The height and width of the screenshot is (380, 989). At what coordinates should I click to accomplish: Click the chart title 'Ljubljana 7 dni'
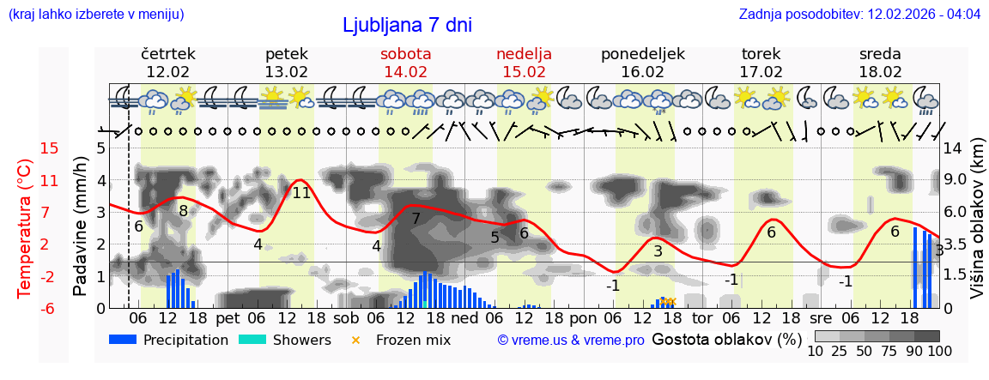pyautogui.click(x=407, y=25)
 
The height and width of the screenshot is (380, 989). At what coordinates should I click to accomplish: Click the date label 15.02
pyautogui.click(x=524, y=72)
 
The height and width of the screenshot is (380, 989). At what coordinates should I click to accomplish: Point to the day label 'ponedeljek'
pyautogui.click(x=642, y=54)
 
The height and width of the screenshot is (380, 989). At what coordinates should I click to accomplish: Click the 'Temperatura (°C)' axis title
pyautogui.click(x=24, y=228)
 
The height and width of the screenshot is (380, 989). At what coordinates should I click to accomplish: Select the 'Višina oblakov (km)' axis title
pyautogui.click(x=977, y=228)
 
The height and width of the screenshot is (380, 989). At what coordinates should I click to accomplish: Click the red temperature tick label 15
pyautogui.click(x=50, y=148)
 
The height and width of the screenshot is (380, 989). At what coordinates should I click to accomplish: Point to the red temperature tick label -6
pyautogui.click(x=50, y=308)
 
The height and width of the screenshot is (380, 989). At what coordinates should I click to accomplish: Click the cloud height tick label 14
pyautogui.click(x=952, y=148)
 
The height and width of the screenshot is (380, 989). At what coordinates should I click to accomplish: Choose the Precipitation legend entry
pyautogui.click(x=168, y=340)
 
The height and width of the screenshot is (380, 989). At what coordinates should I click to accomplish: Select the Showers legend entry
pyautogui.click(x=284, y=340)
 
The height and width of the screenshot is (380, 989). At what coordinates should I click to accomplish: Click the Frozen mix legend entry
pyautogui.click(x=403, y=340)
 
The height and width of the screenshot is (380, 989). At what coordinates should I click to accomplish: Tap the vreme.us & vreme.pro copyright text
pyautogui.click(x=571, y=340)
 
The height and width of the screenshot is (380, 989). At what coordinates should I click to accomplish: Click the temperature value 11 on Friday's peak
pyautogui.click(x=301, y=193)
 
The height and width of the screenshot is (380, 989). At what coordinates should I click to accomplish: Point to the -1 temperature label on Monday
pyautogui.click(x=612, y=286)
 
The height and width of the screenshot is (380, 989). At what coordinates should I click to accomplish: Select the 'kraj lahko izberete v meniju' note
pyautogui.click(x=95, y=15)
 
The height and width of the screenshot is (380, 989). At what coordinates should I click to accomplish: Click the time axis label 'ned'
pyautogui.click(x=464, y=317)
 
